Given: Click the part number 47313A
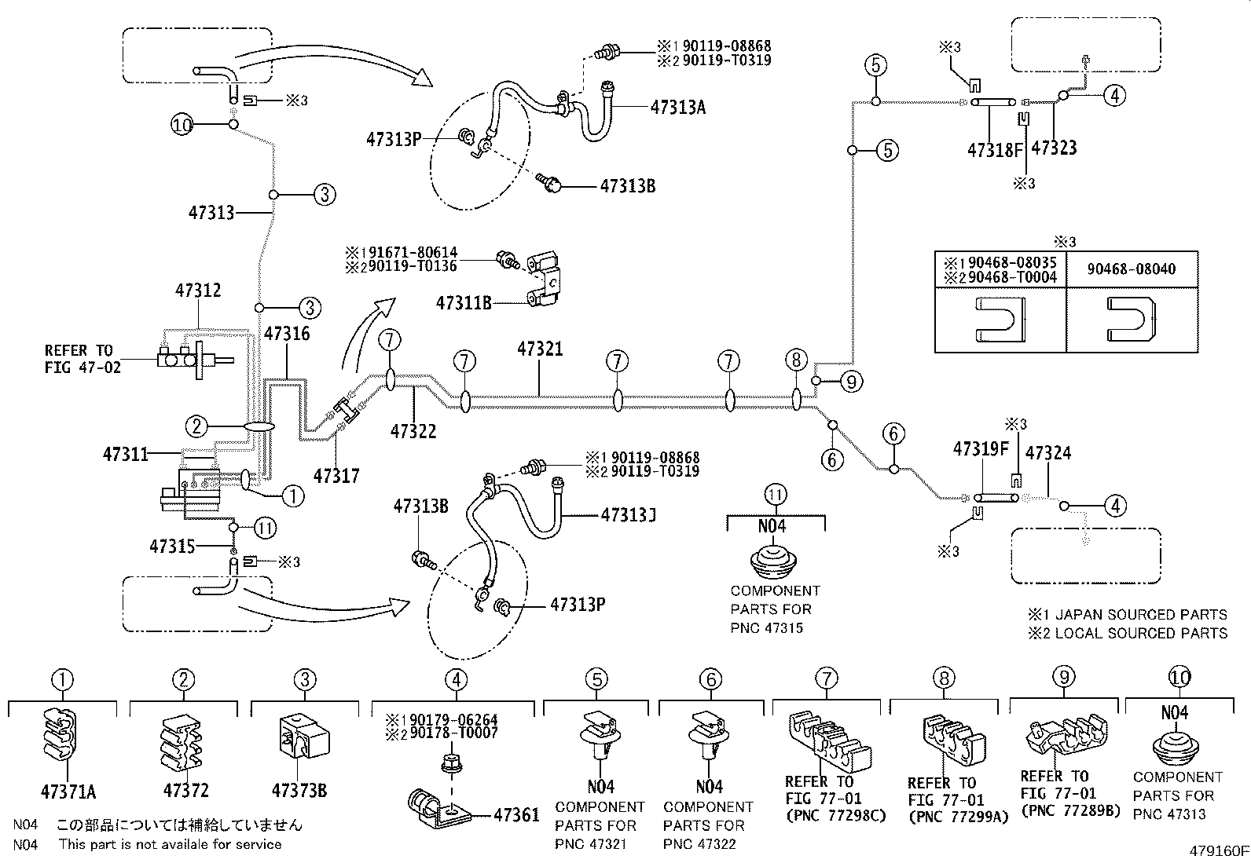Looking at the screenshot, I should pyautogui.click(x=677, y=108).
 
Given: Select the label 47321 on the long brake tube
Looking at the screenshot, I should pyautogui.click(x=540, y=349).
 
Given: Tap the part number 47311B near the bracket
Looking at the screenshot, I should pyautogui.click(x=463, y=303).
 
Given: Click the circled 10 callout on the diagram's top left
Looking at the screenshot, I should pyautogui.click(x=182, y=124).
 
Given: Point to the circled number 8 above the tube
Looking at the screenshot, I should pyautogui.click(x=796, y=360).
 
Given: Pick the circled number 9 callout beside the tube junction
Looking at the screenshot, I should pyautogui.click(x=850, y=382).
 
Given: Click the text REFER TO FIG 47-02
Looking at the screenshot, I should pyautogui.click(x=83, y=359).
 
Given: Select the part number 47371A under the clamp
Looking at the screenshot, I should pyautogui.click(x=68, y=792).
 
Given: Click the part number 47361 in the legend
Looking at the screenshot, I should pyautogui.click(x=516, y=815).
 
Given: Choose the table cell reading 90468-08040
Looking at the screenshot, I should pyautogui.click(x=1132, y=269).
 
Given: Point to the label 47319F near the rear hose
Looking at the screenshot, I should pyautogui.click(x=980, y=449).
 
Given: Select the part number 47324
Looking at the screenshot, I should pyautogui.click(x=1047, y=453).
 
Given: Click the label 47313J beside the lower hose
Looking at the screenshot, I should pyautogui.click(x=628, y=515).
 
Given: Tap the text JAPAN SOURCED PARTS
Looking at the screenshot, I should pyautogui.click(x=1140, y=615).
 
